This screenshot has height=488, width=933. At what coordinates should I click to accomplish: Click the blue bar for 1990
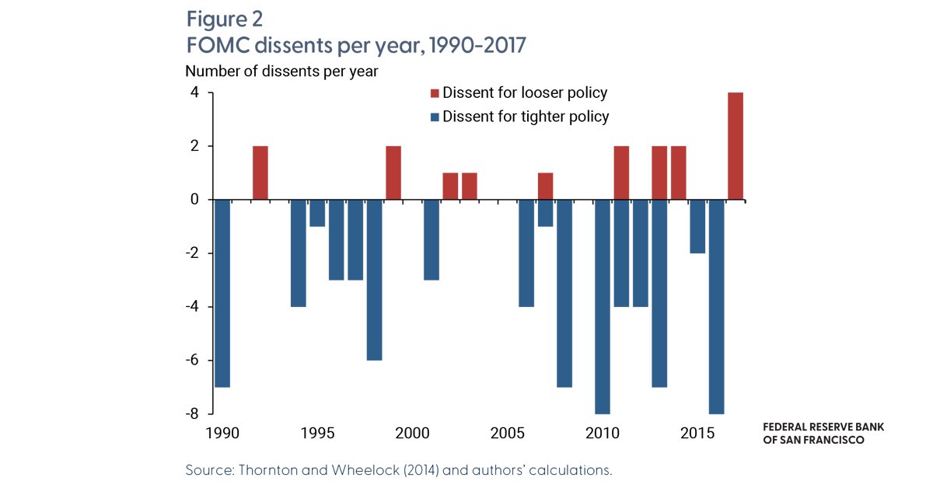pos(222,293)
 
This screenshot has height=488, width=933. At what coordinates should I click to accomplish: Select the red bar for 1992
pos(260,173)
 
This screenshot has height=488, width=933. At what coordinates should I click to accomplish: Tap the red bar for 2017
pos(736,146)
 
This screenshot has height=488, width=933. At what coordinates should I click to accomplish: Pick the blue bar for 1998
pos(374,280)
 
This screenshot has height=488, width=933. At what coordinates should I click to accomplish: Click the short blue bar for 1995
pos(317,213)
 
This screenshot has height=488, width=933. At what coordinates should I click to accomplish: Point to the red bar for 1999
pos(393,173)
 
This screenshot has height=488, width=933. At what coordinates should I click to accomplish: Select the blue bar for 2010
pos(603,306)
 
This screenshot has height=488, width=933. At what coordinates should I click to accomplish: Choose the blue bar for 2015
pos(697,226)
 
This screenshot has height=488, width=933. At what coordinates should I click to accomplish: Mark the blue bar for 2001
pos(432,239)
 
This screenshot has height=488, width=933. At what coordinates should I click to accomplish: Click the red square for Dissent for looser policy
pos(435,93)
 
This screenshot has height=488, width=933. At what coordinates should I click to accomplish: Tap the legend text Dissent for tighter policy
pos(525,117)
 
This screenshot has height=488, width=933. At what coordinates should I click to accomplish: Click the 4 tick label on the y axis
pos(194,92)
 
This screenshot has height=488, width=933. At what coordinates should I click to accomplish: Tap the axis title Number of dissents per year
pos(281,71)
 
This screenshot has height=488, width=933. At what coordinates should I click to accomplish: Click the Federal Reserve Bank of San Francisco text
pos(823,434)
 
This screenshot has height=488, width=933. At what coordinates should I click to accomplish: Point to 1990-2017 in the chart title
pos(478,45)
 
